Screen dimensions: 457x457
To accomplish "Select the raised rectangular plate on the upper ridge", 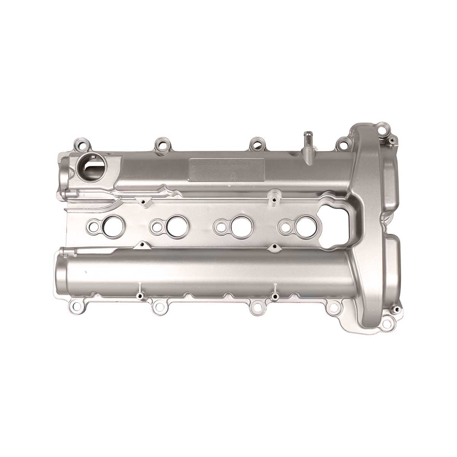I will [x=227, y=169].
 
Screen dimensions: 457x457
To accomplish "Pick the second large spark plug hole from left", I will [x=176, y=225].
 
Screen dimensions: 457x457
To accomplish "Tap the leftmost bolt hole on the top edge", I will [x=81, y=145].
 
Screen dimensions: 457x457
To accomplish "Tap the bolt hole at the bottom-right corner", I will [x=387, y=324].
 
